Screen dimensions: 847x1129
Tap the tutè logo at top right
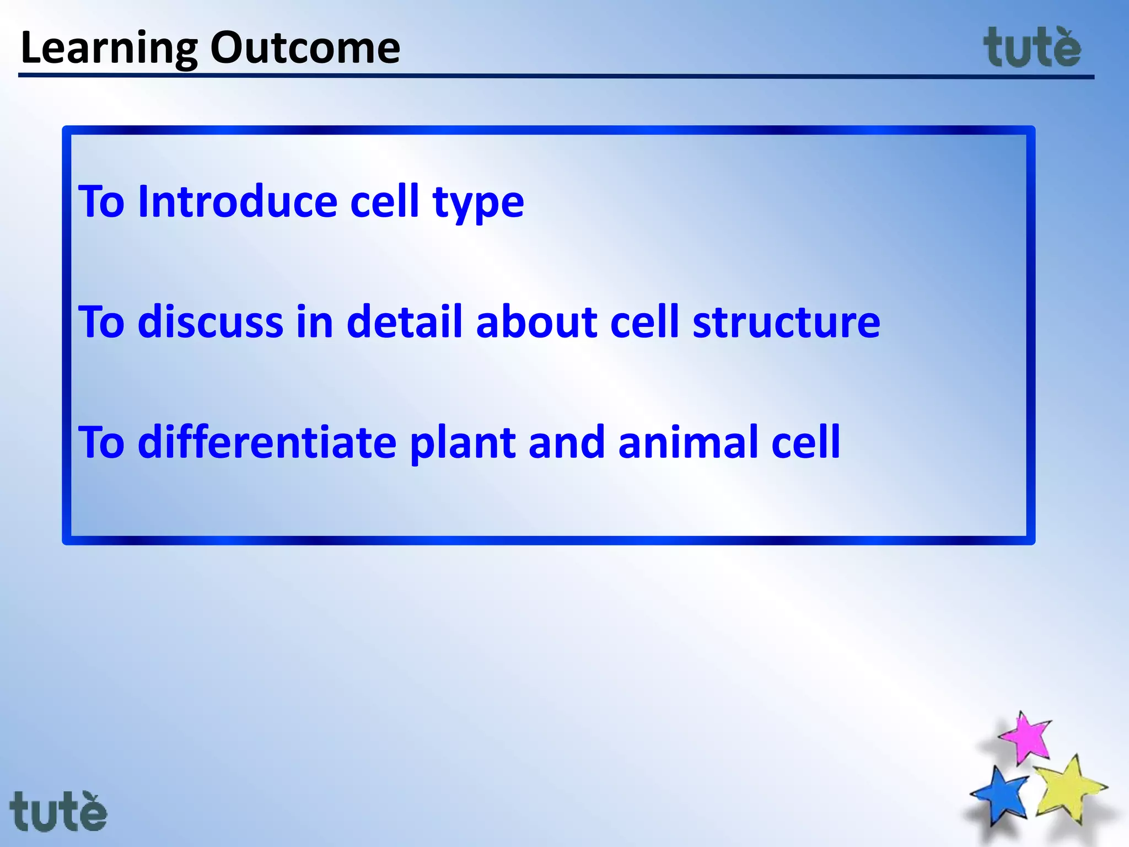tap(1032, 49)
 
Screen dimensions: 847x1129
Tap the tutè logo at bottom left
tap(58, 811)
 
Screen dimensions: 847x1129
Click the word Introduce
tap(237, 202)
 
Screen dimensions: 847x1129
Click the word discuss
tap(210, 322)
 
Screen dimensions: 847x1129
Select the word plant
tap(463, 444)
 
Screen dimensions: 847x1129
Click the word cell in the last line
tap(805, 442)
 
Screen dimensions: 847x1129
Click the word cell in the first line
tap(385, 202)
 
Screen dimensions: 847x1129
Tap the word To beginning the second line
tap(102, 322)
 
